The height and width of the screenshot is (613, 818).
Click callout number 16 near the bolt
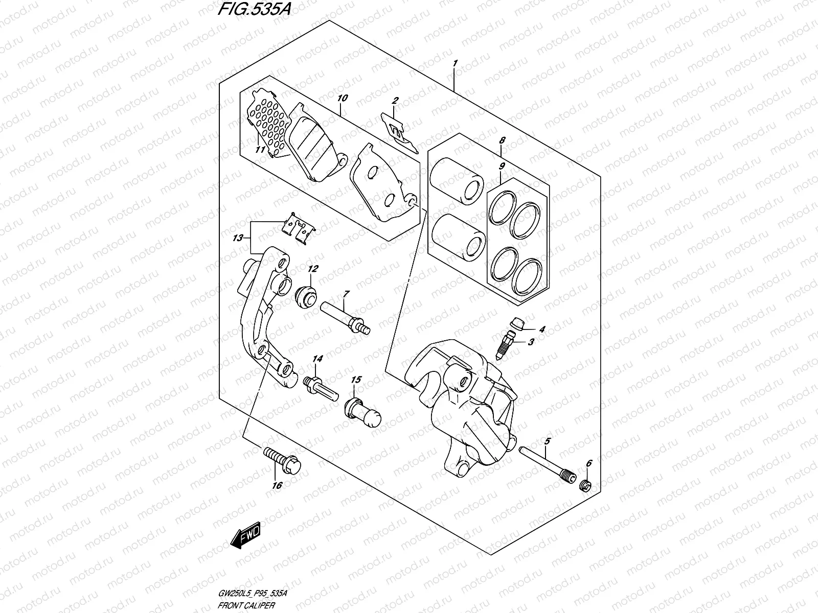tap(277, 485)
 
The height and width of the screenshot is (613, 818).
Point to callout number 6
tap(588, 463)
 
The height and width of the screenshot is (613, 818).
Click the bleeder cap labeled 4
tap(517, 323)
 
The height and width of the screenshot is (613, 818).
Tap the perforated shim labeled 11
tap(266, 128)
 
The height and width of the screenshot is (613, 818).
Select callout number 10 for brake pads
tap(343, 97)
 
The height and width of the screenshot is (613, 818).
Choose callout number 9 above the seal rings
tap(502, 166)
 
